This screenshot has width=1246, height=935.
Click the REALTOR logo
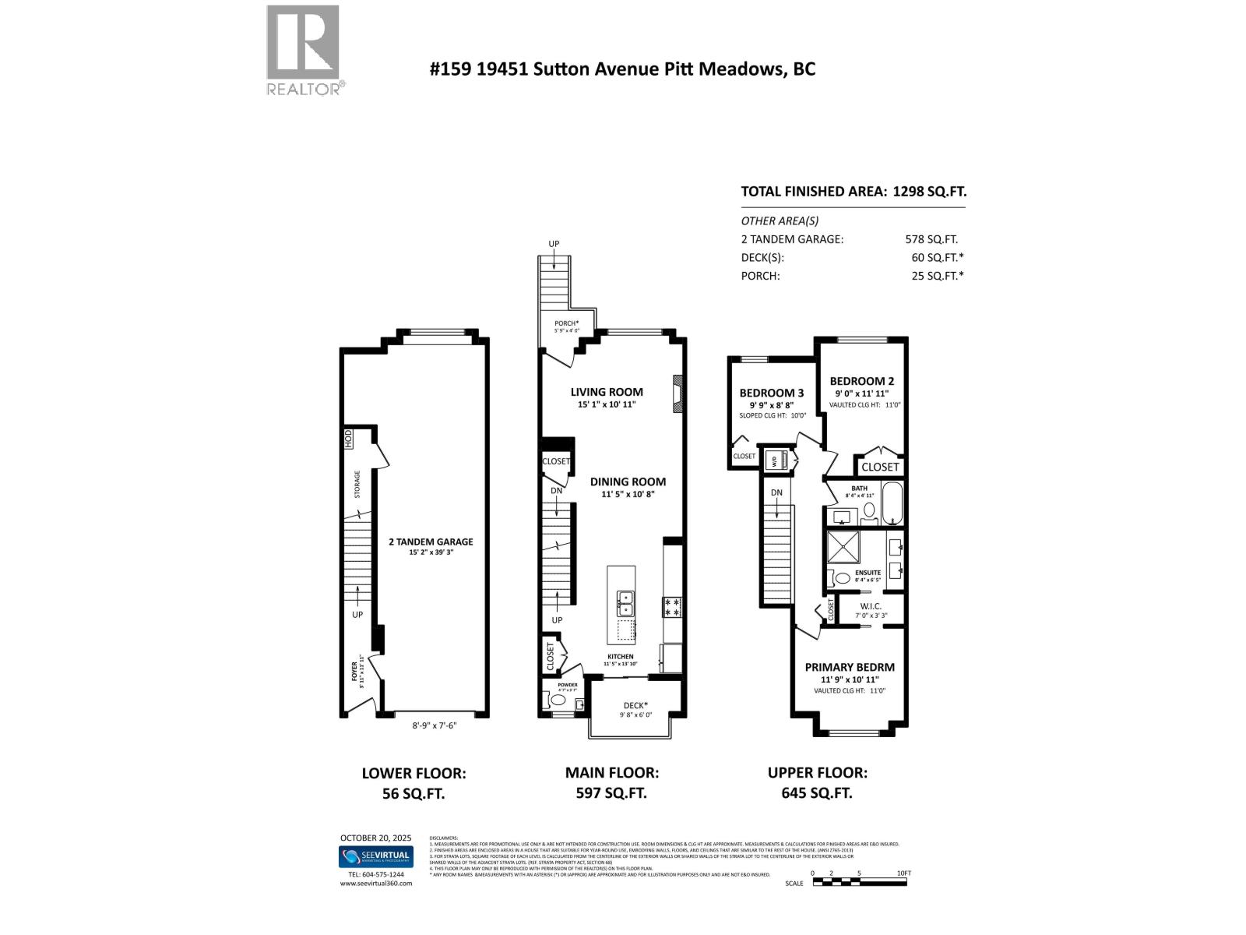[x=303, y=49]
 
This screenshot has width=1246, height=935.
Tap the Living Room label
[x=607, y=392]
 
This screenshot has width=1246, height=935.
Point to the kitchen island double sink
[x=625, y=603]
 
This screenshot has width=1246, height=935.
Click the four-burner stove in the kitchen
[x=672, y=607]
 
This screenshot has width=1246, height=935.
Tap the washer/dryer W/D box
[x=776, y=460]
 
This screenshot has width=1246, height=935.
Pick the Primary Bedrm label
[x=850, y=667]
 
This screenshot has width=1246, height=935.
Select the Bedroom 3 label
[x=771, y=393]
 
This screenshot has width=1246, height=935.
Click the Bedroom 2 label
[x=861, y=381]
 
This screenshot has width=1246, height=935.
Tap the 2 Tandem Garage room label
[x=431, y=542]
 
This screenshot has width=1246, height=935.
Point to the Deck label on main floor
[x=635, y=705]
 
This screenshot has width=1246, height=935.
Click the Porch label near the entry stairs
[x=566, y=323]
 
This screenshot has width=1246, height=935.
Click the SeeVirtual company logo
[x=375, y=856]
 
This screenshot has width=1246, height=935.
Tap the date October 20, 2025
[x=375, y=838]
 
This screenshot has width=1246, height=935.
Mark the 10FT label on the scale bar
[x=903, y=873]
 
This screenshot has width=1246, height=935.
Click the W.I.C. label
[x=870, y=605]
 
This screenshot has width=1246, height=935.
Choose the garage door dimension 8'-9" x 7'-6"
[x=434, y=725]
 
